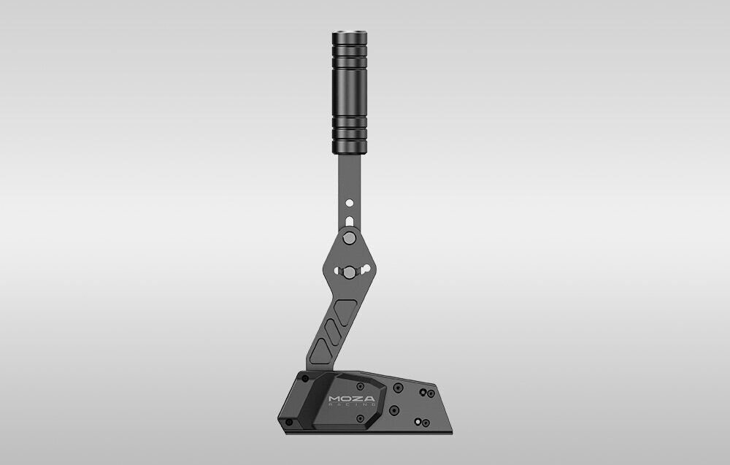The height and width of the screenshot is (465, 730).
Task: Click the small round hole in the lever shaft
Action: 350,202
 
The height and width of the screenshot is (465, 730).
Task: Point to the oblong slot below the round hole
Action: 350,220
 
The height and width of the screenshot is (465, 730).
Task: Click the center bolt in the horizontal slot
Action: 350,272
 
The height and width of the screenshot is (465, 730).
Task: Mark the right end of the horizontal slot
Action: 365,272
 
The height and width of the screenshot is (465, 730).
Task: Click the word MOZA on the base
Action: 351,399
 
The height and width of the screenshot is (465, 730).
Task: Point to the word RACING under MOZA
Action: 351,407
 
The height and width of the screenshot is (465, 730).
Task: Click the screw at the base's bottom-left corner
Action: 289,422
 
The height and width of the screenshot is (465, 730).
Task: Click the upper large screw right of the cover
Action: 398,388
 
